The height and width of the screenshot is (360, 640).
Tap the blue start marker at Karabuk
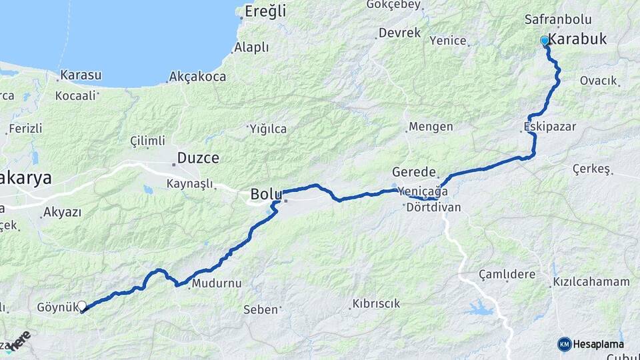click(x=545, y=41)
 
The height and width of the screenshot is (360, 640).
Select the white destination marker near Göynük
click(x=82, y=306)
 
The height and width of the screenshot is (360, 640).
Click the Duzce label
click(x=197, y=159)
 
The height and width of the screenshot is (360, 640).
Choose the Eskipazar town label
click(x=550, y=126)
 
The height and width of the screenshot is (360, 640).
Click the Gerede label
click(x=414, y=171)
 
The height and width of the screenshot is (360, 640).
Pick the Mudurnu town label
click(x=216, y=284)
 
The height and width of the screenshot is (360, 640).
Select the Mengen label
click(x=431, y=127)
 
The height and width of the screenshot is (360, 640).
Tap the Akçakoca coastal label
click(x=198, y=77)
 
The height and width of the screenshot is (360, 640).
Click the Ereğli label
click(x=265, y=11)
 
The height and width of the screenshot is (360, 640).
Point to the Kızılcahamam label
click(x=591, y=282)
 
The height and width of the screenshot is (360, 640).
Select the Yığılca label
click(x=268, y=129)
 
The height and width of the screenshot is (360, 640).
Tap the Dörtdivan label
click(x=433, y=207)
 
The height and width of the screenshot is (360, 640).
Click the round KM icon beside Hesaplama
click(x=565, y=344)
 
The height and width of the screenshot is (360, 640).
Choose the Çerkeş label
click(x=592, y=169)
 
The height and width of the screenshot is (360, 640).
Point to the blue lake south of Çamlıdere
click(x=480, y=309)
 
